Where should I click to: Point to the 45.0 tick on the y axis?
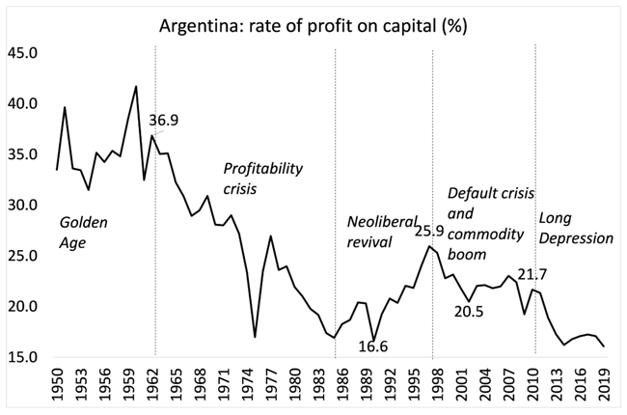click(23, 53)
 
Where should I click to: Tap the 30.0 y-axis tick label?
click(23, 206)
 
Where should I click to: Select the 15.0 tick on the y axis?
click(23, 357)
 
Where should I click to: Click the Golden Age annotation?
click(85, 233)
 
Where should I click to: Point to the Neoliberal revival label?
click(371, 233)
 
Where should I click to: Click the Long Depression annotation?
click(576, 227)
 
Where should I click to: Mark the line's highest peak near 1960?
click(136, 87)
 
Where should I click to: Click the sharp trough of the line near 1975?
click(255, 337)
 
